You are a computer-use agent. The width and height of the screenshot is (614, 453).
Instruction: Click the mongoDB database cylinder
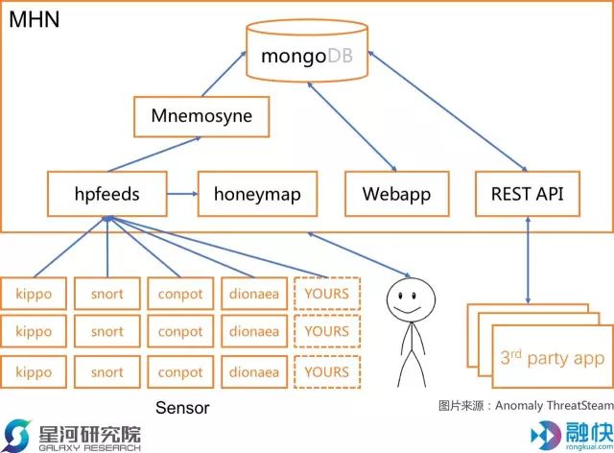click(x=307, y=51)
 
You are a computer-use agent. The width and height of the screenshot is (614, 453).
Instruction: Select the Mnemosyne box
click(x=201, y=117)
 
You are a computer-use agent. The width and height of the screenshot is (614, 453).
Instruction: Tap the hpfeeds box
click(x=106, y=194)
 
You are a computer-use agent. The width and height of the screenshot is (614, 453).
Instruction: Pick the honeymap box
click(x=257, y=194)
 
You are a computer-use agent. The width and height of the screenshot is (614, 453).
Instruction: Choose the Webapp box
click(x=396, y=194)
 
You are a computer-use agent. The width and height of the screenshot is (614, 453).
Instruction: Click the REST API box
click(x=528, y=194)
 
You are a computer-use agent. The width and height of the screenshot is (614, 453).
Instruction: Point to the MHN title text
click(x=35, y=19)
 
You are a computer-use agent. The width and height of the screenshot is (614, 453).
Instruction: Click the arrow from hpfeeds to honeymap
click(x=182, y=194)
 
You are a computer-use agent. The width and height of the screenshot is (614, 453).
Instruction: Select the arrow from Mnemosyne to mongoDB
click(x=224, y=74)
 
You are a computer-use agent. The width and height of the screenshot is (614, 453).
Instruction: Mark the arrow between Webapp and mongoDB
click(x=352, y=127)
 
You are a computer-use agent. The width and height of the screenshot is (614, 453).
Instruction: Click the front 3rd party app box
click(x=553, y=357)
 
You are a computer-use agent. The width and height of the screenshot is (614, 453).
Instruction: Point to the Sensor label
click(x=182, y=408)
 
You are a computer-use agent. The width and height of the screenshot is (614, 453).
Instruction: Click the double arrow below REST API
click(x=528, y=260)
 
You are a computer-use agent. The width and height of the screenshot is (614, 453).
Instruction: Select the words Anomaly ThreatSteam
click(x=555, y=406)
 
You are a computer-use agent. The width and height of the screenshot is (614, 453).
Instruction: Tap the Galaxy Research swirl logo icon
click(x=15, y=436)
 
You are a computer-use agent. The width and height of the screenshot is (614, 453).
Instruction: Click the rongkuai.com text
click(x=589, y=446)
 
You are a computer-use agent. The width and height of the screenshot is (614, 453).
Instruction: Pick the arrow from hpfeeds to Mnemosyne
click(x=154, y=154)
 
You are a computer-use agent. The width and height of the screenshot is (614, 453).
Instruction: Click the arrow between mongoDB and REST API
click(x=448, y=111)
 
